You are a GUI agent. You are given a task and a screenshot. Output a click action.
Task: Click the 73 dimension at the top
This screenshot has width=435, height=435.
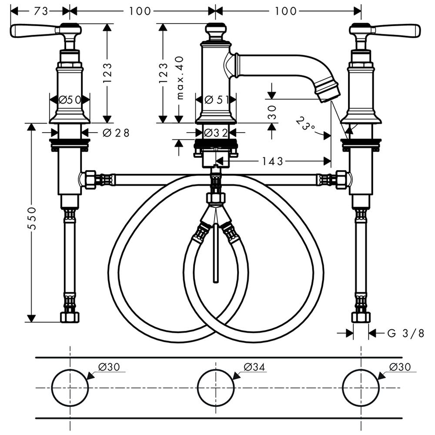click(41, 11)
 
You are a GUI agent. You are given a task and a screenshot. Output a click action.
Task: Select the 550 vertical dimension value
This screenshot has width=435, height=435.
click(32, 218)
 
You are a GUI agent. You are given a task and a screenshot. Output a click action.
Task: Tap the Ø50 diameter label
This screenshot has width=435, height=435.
click(70, 99)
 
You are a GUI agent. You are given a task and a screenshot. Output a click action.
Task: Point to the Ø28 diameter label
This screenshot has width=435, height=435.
click(116, 133)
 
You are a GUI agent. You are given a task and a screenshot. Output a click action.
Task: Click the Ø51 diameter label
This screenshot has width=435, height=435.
click(217, 99)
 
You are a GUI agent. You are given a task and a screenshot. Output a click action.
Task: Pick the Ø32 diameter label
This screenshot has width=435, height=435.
click(216, 133)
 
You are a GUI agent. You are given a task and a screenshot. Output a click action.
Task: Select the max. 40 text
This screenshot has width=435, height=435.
click(180, 78)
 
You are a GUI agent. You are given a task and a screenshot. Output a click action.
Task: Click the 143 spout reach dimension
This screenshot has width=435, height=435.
click(272, 161)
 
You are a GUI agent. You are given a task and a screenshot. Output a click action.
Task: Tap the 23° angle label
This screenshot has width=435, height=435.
click(305, 124)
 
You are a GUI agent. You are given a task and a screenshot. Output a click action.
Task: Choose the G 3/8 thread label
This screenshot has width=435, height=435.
click(405, 333)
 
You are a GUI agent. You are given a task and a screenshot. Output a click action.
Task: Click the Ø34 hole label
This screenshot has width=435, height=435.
click(254, 367)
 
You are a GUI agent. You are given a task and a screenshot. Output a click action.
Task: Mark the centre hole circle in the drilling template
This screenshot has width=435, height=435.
click(216, 388)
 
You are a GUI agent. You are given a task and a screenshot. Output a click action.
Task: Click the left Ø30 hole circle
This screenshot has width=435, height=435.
click(70, 388)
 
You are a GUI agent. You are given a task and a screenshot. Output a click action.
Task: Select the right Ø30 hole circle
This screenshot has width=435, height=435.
click(361, 388)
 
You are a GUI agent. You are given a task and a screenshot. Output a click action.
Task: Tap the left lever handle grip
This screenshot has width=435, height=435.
click(33, 30)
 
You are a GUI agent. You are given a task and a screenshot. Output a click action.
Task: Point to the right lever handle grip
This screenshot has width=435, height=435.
click(398, 30)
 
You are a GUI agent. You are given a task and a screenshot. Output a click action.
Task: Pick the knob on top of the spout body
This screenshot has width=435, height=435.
click(216, 32)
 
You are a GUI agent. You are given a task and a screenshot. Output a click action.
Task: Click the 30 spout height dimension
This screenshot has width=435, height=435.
click(272, 112)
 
